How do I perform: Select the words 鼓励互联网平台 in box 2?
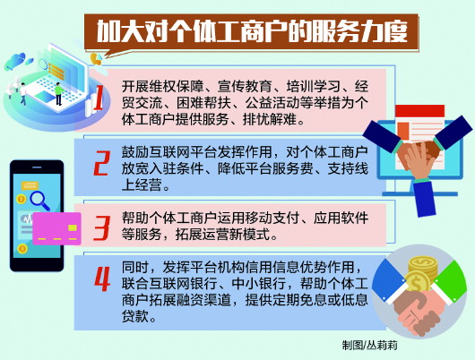pos(179,150)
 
